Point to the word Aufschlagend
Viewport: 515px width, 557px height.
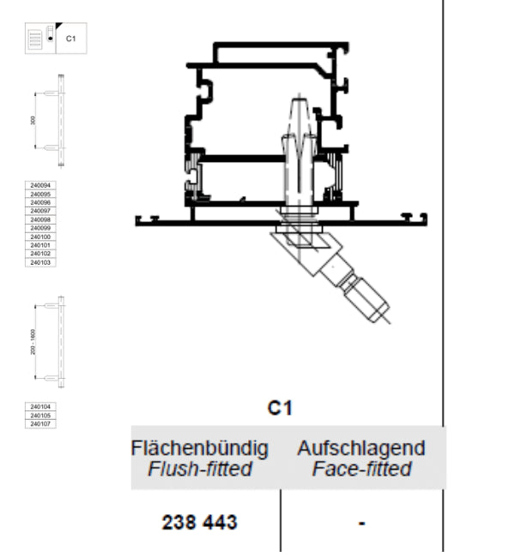tap(361, 448)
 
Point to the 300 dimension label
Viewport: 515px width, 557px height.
tap(33, 122)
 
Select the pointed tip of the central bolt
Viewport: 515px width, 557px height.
tap(296, 96)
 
